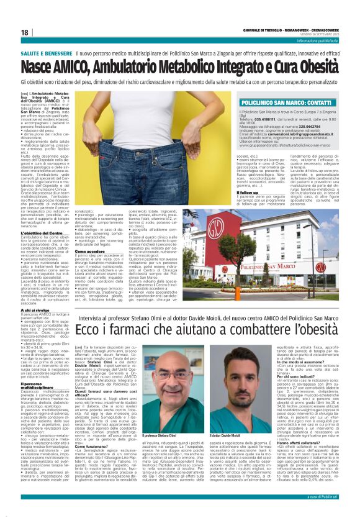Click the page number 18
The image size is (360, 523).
(x=24, y=32)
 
